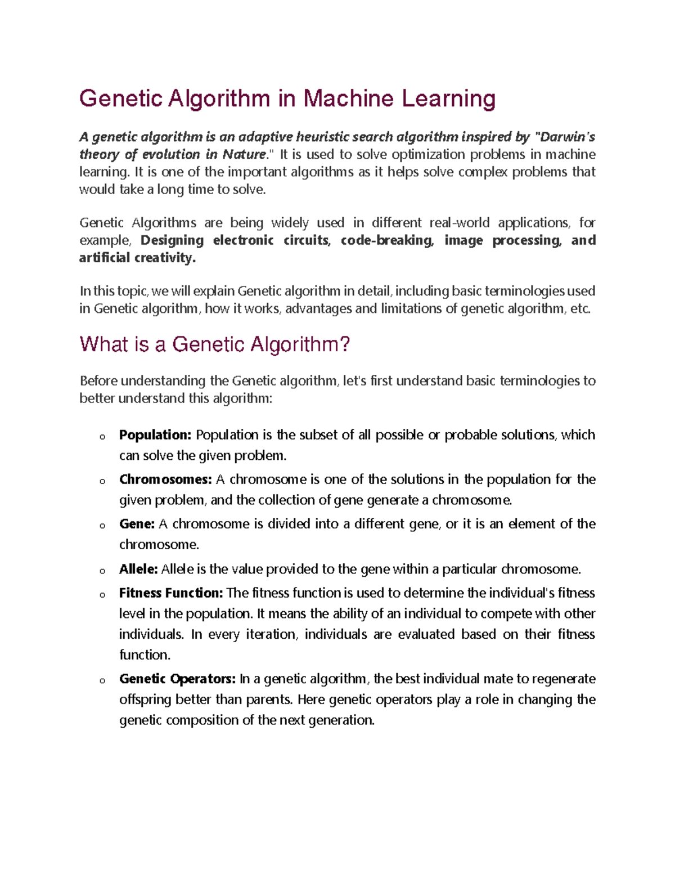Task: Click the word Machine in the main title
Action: click(349, 98)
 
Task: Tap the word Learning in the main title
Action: click(448, 98)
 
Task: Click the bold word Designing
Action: click(172, 240)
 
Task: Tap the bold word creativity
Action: click(165, 258)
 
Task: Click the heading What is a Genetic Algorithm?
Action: click(215, 344)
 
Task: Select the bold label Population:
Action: click(155, 435)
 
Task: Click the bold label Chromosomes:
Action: click(165, 479)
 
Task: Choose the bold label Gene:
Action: click(137, 524)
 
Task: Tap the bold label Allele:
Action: click(138, 569)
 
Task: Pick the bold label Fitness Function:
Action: click(171, 593)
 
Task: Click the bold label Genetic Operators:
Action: click(177, 679)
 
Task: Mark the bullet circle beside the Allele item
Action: click(102, 571)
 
